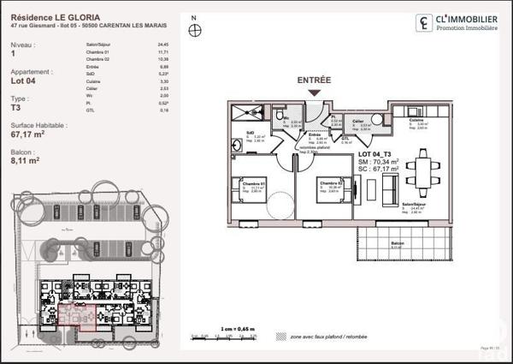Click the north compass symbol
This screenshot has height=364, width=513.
[196, 31]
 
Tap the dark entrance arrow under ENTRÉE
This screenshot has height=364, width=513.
[314, 92]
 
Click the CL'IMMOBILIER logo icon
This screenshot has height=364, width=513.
[423, 23]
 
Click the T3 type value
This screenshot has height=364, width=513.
[16, 108]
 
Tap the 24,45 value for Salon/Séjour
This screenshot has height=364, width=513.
[163, 44]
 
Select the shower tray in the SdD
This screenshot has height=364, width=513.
[248, 113]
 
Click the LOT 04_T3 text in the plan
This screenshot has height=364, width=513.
[377, 151]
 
